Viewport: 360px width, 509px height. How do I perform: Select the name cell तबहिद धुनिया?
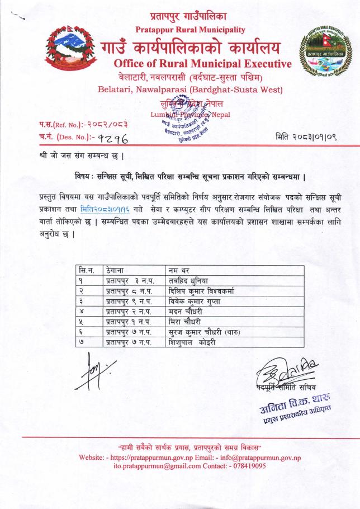(190, 280)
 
